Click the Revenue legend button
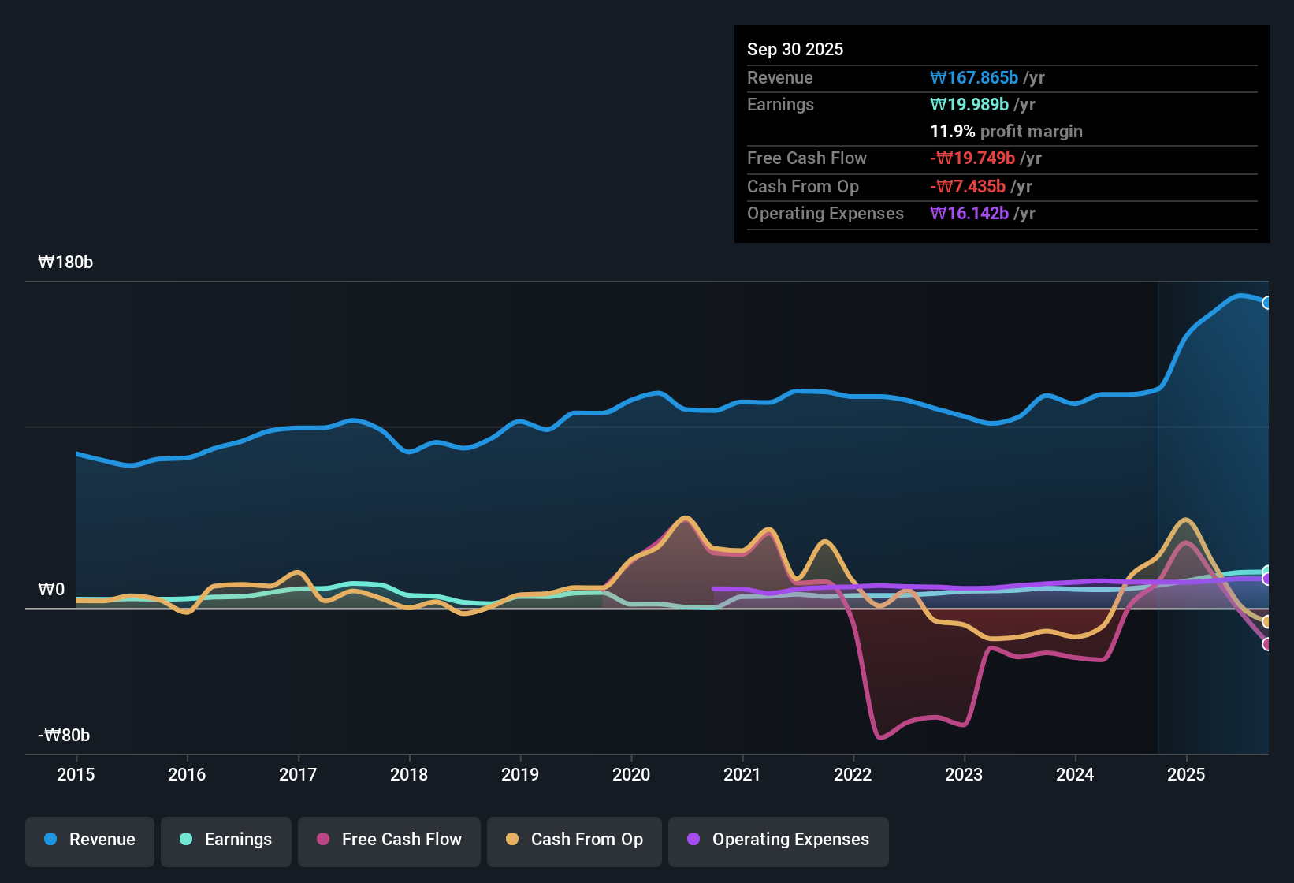coord(90,840)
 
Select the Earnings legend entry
coord(226,840)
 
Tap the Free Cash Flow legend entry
coord(389,840)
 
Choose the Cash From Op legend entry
coord(574,840)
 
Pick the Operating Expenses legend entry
coord(779,840)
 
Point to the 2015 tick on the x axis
coord(76,774)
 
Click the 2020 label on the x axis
coord(631,774)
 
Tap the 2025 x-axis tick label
coord(1186,774)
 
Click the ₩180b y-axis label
coord(65,263)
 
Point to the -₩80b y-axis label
coord(64,736)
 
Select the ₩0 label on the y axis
coord(51,590)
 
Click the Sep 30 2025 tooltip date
coord(794,49)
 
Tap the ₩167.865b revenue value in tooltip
coord(974,77)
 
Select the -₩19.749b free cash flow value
coord(972,158)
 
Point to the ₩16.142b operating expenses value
coord(969,214)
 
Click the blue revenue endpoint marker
coord(1266,303)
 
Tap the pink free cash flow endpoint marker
coord(1266,644)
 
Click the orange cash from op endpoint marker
coord(1266,621)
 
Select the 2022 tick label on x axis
coord(853,774)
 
